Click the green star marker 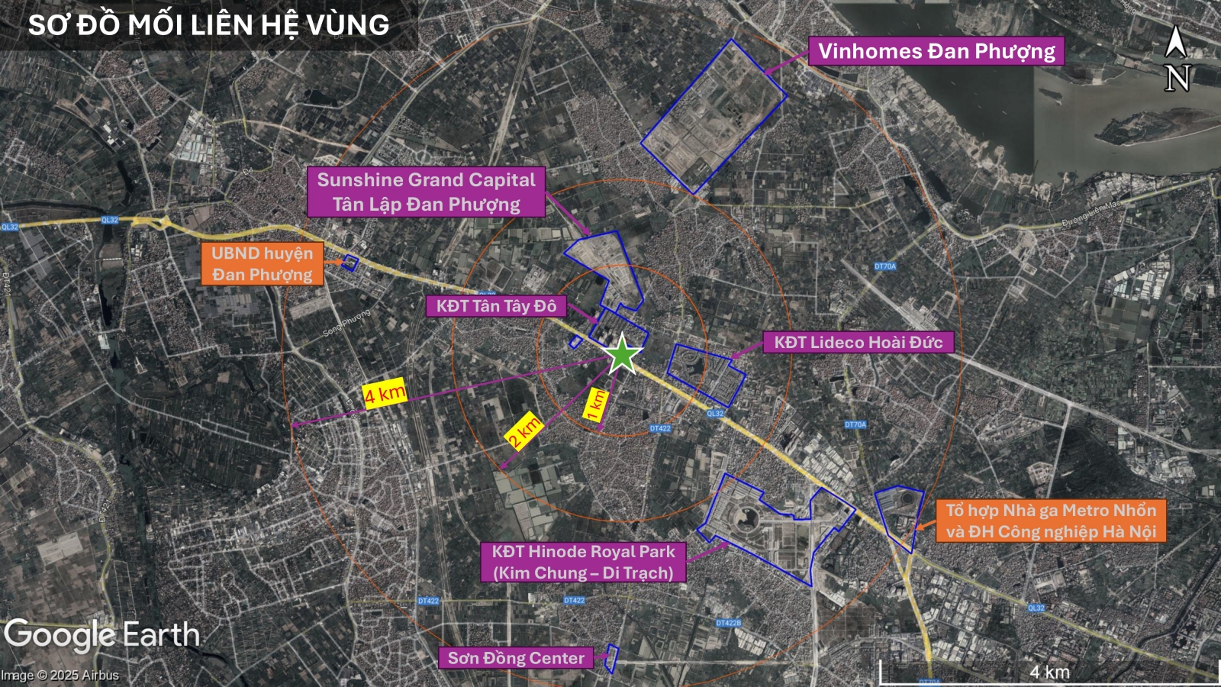coord(623,354)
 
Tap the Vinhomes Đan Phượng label coord(936,51)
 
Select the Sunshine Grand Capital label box coord(426,192)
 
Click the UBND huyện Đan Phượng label coord(262,263)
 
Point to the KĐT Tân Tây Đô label coord(496,306)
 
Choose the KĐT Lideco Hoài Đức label coord(859,342)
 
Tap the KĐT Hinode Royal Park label coord(583,562)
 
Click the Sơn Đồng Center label coord(516,658)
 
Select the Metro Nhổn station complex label coord(1051,521)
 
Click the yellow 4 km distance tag coord(384,393)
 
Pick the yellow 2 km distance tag coord(524,432)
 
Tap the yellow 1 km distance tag coord(596,404)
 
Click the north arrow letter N coord(1177,78)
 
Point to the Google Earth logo coord(101,635)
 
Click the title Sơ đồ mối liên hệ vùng coord(208,25)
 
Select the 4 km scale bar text coord(1049,672)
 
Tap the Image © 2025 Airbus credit coord(60,676)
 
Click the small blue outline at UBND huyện coord(350,263)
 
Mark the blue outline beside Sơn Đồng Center coord(611,658)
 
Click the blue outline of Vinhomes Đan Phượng coord(713,117)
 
